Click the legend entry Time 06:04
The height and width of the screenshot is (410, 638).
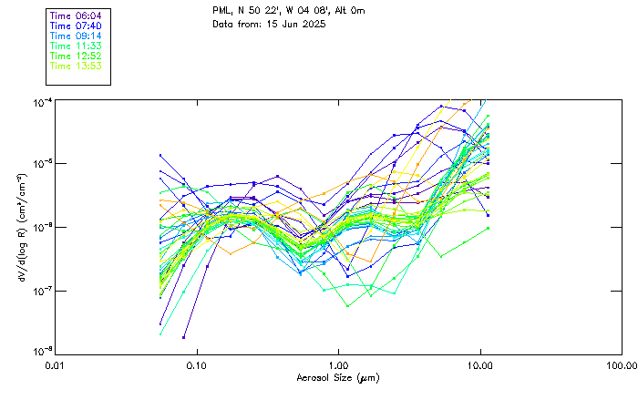[76, 15]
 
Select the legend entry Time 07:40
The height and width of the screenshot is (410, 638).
[76, 26]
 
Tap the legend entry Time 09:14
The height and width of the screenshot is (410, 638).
[76, 36]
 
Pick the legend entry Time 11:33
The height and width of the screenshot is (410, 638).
[76, 46]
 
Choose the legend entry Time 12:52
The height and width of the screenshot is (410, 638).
[76, 56]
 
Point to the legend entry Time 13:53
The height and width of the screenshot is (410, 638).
[76, 66]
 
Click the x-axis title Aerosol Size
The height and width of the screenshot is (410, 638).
[338, 377]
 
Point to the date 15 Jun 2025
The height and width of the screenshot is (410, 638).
[287, 25]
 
